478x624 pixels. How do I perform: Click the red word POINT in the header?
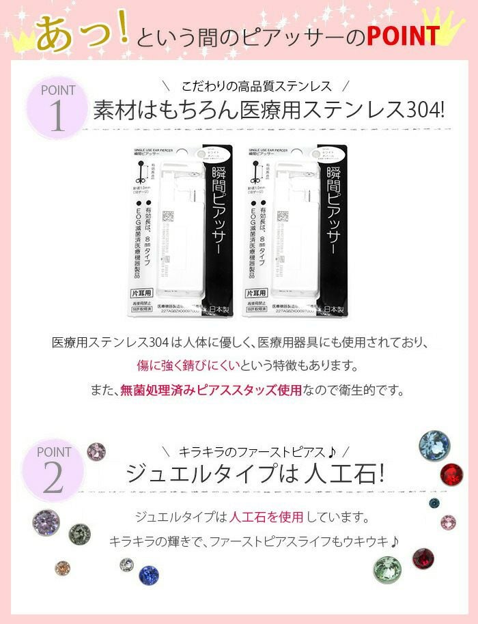402,36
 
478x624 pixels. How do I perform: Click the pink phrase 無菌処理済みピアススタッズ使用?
210,391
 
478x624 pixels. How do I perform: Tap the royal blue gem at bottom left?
149,575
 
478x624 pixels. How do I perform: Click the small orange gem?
63,568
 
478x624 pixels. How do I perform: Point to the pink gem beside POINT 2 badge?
96,451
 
